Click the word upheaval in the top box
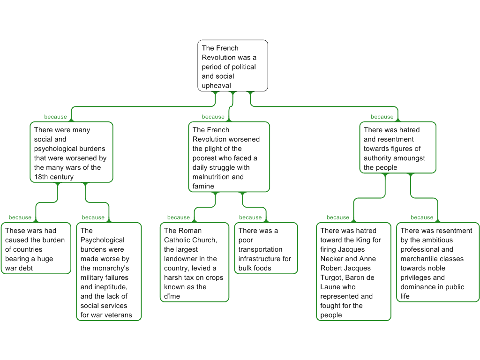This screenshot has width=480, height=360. [216, 85]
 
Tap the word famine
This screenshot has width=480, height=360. [203, 186]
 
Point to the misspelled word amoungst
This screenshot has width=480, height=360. [407, 158]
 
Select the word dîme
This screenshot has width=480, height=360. [172, 296]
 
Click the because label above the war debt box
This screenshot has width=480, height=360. [20, 217]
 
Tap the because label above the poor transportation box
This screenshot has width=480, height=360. [250, 217]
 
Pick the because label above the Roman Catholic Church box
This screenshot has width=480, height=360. [178, 217]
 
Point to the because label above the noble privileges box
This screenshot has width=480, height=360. [422, 217]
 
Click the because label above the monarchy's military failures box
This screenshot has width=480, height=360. [93, 217]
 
